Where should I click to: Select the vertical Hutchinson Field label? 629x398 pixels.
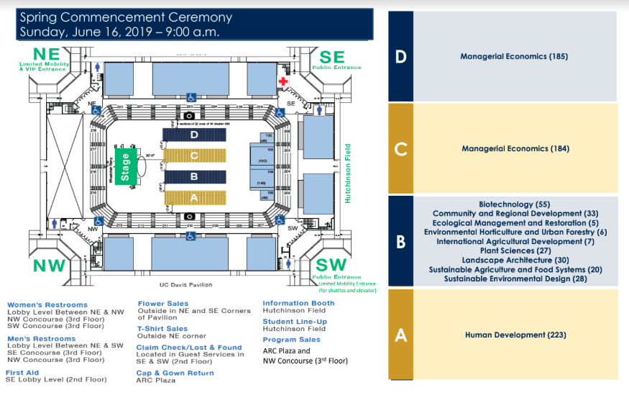click(347, 171)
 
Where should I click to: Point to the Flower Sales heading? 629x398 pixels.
click(162, 304)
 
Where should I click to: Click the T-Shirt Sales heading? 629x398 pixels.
click(163, 327)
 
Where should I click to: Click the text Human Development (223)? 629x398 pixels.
click(515, 335)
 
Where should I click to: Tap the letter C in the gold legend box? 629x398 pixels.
click(400, 149)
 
